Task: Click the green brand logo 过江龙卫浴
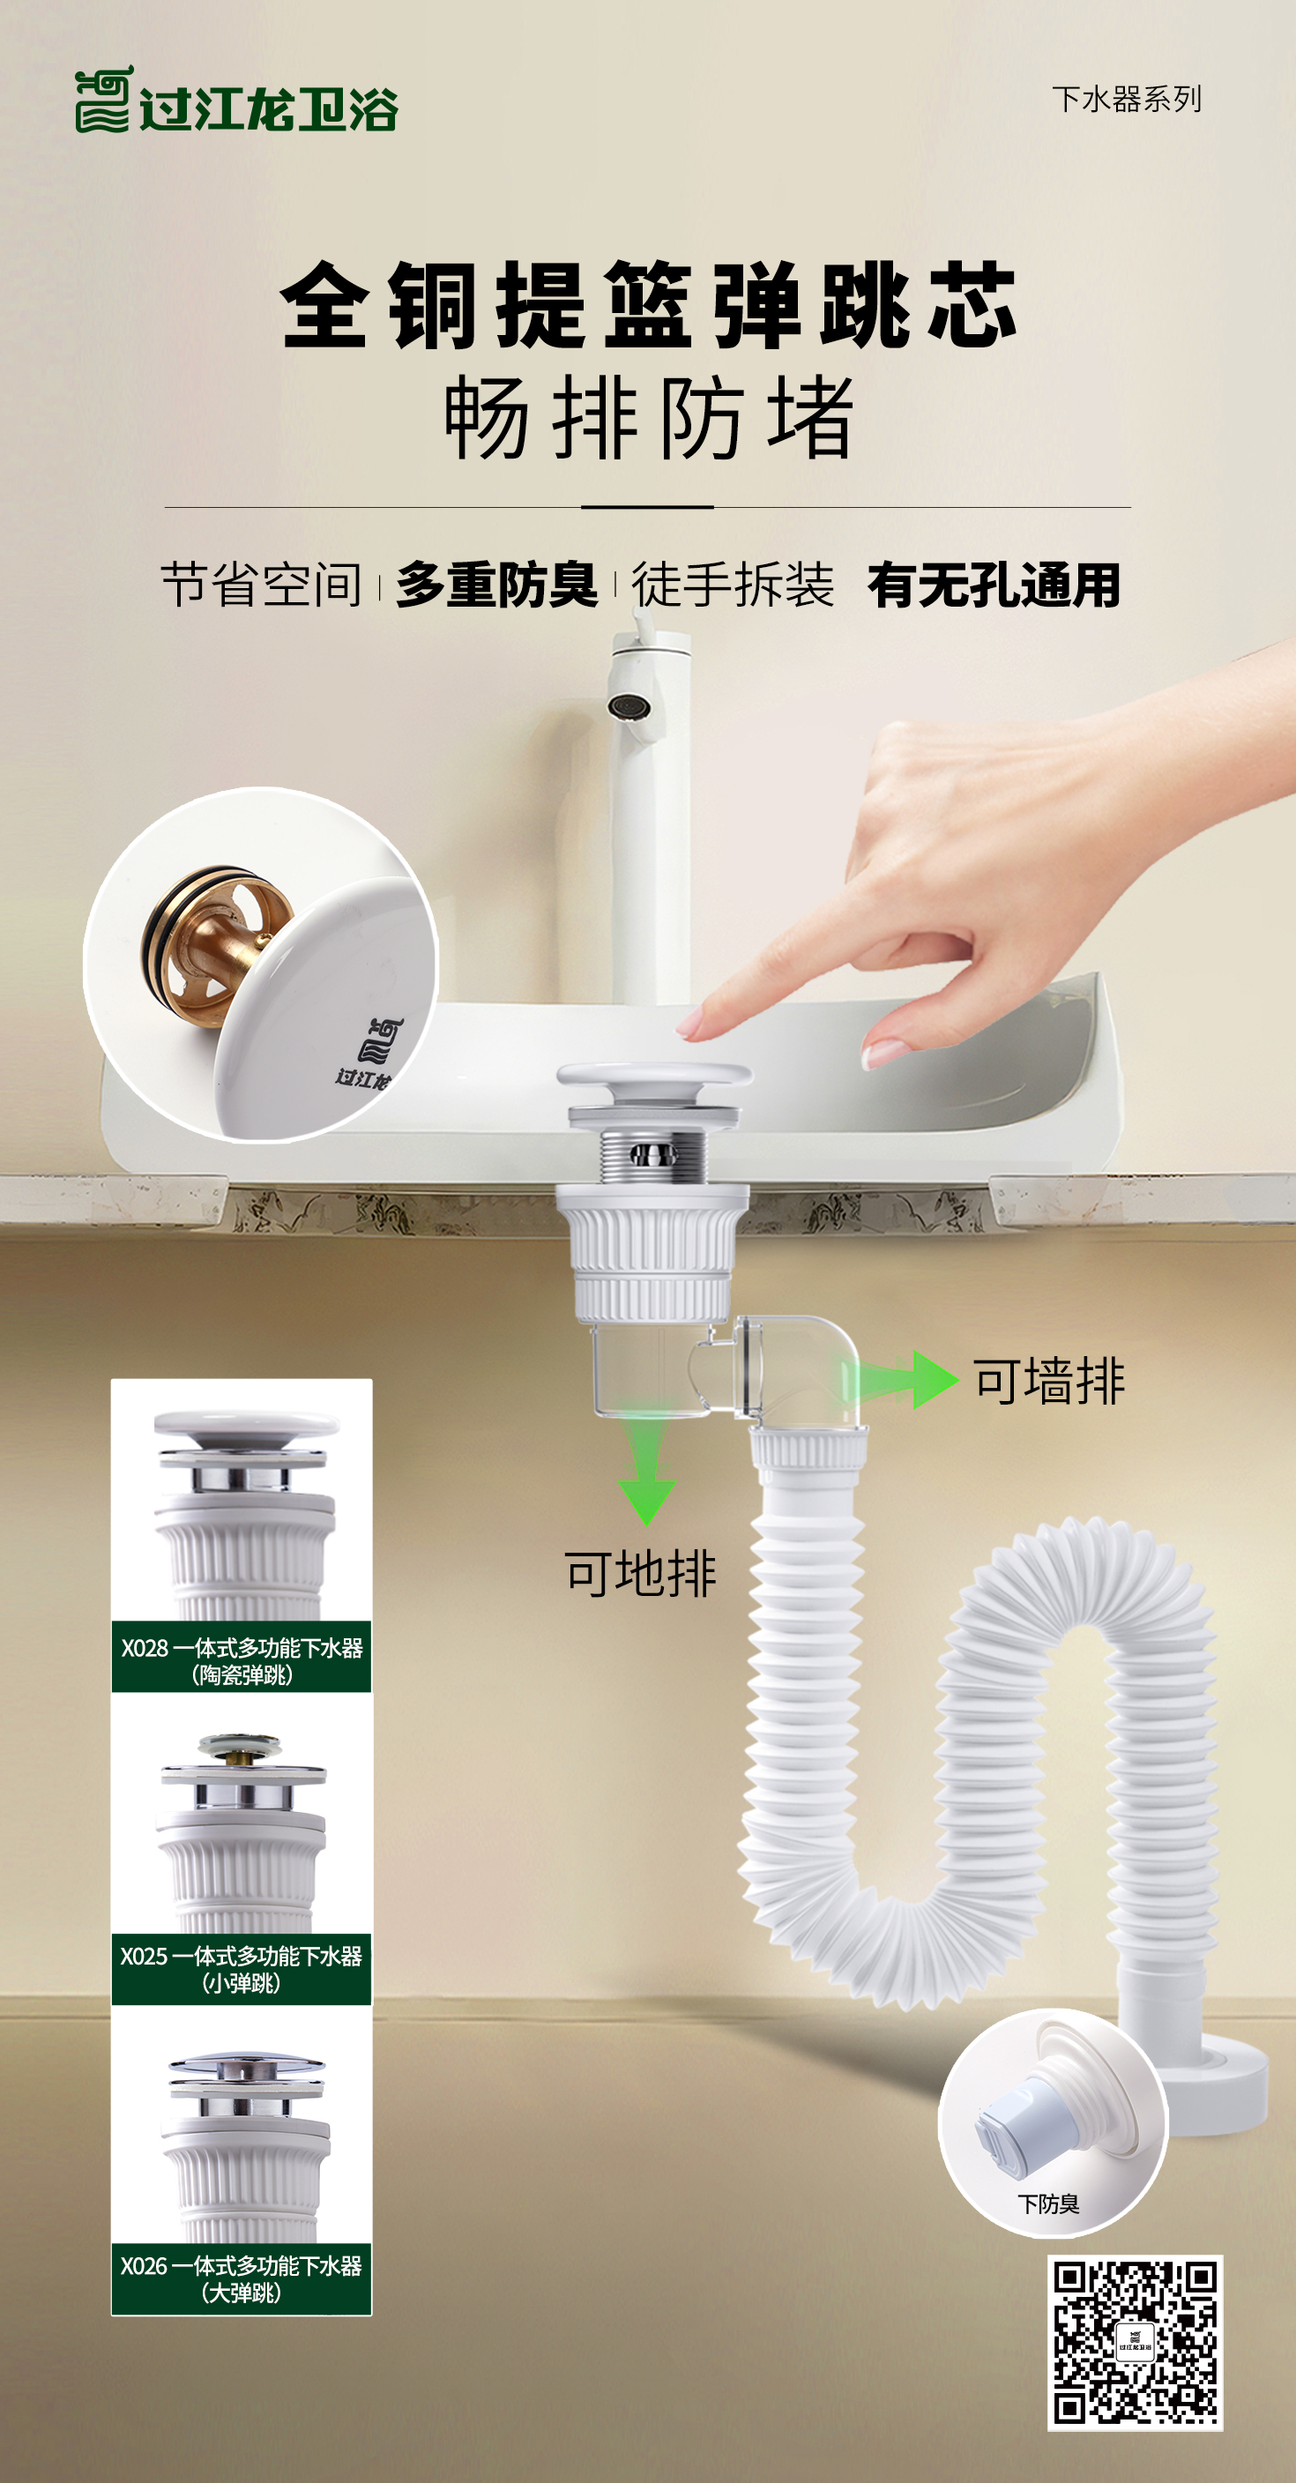pyautogui.click(x=236, y=100)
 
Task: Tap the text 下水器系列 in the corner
pyautogui.click(x=1127, y=99)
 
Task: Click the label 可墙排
pyautogui.click(x=1049, y=1380)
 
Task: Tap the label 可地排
pyautogui.click(x=641, y=1574)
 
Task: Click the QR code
pyautogui.click(x=1135, y=2342)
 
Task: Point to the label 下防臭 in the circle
pyautogui.click(x=1048, y=2203)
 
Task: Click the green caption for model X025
pyautogui.click(x=242, y=1969)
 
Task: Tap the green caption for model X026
pyautogui.click(x=242, y=2278)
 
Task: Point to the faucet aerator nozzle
pyautogui.click(x=629, y=705)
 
